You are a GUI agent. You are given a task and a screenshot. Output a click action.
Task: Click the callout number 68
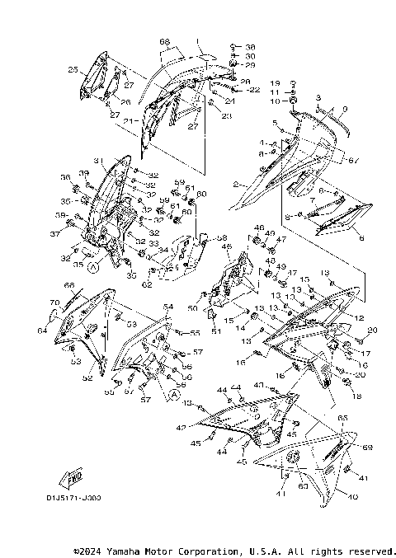coord(164,41)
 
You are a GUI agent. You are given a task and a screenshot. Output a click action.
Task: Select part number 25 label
coord(73,70)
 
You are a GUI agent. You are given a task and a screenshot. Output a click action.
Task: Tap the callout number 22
coord(254,89)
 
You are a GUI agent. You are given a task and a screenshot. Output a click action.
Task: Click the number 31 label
coord(97,161)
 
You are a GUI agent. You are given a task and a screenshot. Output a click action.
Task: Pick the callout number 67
coord(355,160)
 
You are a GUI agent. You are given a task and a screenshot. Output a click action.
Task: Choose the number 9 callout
coord(345,110)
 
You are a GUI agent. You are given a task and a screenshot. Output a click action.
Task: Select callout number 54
coord(168,307)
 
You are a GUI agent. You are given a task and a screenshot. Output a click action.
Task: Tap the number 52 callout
coord(87,378)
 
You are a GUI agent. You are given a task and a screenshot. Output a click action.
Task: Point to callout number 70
coord(54,303)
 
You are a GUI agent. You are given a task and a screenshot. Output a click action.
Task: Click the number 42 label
coord(181,428)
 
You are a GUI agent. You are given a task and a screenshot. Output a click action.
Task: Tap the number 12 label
coord(360,317)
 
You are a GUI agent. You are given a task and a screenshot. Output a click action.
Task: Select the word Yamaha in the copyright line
coord(129,551)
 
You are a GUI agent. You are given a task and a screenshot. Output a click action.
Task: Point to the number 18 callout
coord(356,396)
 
